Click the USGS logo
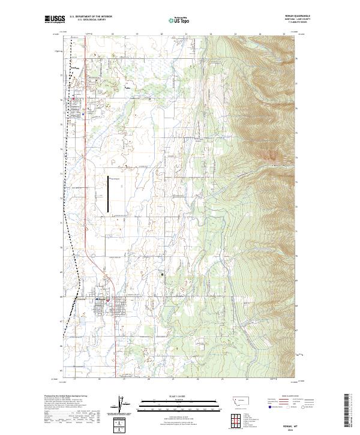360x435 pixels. (54, 19)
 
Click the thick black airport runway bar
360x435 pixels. (109, 194)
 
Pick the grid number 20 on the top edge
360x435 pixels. (163, 34)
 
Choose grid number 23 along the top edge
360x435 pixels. (236, 34)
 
